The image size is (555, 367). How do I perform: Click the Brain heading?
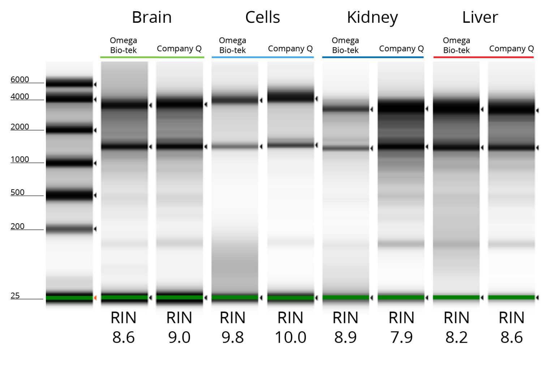[x=151, y=17]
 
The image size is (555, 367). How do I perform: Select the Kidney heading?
[x=372, y=17]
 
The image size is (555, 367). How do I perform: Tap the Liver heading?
[x=480, y=17]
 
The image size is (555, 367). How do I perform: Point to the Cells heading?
[x=262, y=17]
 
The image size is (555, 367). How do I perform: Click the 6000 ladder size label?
[x=20, y=79]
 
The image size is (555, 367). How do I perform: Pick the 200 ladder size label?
[x=17, y=226]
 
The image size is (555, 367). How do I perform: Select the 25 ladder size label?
[x=15, y=295]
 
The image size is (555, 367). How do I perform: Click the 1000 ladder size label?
[x=20, y=159]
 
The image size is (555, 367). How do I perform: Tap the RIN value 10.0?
[x=291, y=337]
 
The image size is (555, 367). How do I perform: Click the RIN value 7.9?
[x=401, y=337]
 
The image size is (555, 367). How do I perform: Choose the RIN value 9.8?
[x=233, y=337]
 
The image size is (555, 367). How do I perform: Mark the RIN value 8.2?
[x=456, y=337]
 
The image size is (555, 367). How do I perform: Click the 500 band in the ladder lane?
[x=69, y=195]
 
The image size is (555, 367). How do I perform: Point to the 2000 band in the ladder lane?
[x=69, y=130]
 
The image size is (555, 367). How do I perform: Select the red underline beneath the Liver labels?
[x=483, y=57]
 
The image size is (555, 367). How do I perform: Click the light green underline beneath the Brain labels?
[x=152, y=57]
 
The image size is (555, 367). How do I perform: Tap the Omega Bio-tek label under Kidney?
[x=345, y=46]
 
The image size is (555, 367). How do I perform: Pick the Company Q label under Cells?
[x=290, y=49]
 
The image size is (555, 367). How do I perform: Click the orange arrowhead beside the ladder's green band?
[x=95, y=298]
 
